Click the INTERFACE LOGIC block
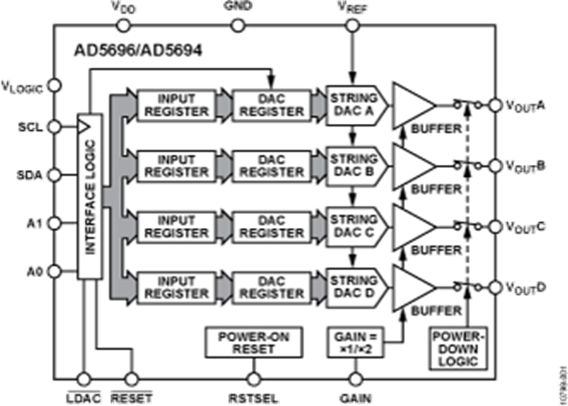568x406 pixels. pos(90,196)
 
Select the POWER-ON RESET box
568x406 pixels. pos(253,342)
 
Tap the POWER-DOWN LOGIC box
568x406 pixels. pos(458,348)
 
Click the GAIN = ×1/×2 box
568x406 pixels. pos(355,342)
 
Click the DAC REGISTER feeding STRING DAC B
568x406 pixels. pos(271,165)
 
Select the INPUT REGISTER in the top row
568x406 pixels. pos(176,105)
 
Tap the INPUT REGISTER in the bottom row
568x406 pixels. pos(176,287)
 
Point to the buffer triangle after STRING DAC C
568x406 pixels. pos(411,226)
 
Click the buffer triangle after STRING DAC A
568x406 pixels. pos(411,105)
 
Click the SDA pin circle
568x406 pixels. pos(54,175)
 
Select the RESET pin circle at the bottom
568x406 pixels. pos(131,379)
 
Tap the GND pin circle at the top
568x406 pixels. pos(237,25)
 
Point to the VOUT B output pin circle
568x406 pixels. pos(496,165)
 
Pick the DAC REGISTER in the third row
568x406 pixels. pos(271,226)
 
